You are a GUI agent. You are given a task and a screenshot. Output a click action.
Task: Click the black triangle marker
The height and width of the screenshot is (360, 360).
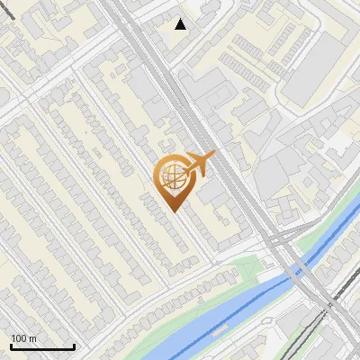[181, 24]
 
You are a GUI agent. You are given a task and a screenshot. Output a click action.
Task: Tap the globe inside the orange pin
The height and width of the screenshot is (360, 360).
[171, 177]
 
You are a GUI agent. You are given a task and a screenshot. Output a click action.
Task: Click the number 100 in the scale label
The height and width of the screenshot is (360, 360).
[19, 338]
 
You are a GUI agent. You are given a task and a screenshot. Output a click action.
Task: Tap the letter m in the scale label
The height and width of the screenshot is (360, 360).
[32, 338]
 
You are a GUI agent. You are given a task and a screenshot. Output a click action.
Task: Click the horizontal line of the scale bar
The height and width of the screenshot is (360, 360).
[42, 347]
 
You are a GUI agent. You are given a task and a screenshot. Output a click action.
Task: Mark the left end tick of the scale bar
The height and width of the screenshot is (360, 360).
[11, 346]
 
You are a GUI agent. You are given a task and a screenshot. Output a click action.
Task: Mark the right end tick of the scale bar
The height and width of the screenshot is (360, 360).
[74, 346]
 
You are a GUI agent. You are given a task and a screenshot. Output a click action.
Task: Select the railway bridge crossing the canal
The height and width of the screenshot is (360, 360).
[304, 269]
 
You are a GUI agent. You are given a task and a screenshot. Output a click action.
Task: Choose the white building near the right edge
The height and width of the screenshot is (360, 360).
[339, 142]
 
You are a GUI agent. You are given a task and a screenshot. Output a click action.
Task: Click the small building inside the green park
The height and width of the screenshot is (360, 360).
[267, 264]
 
